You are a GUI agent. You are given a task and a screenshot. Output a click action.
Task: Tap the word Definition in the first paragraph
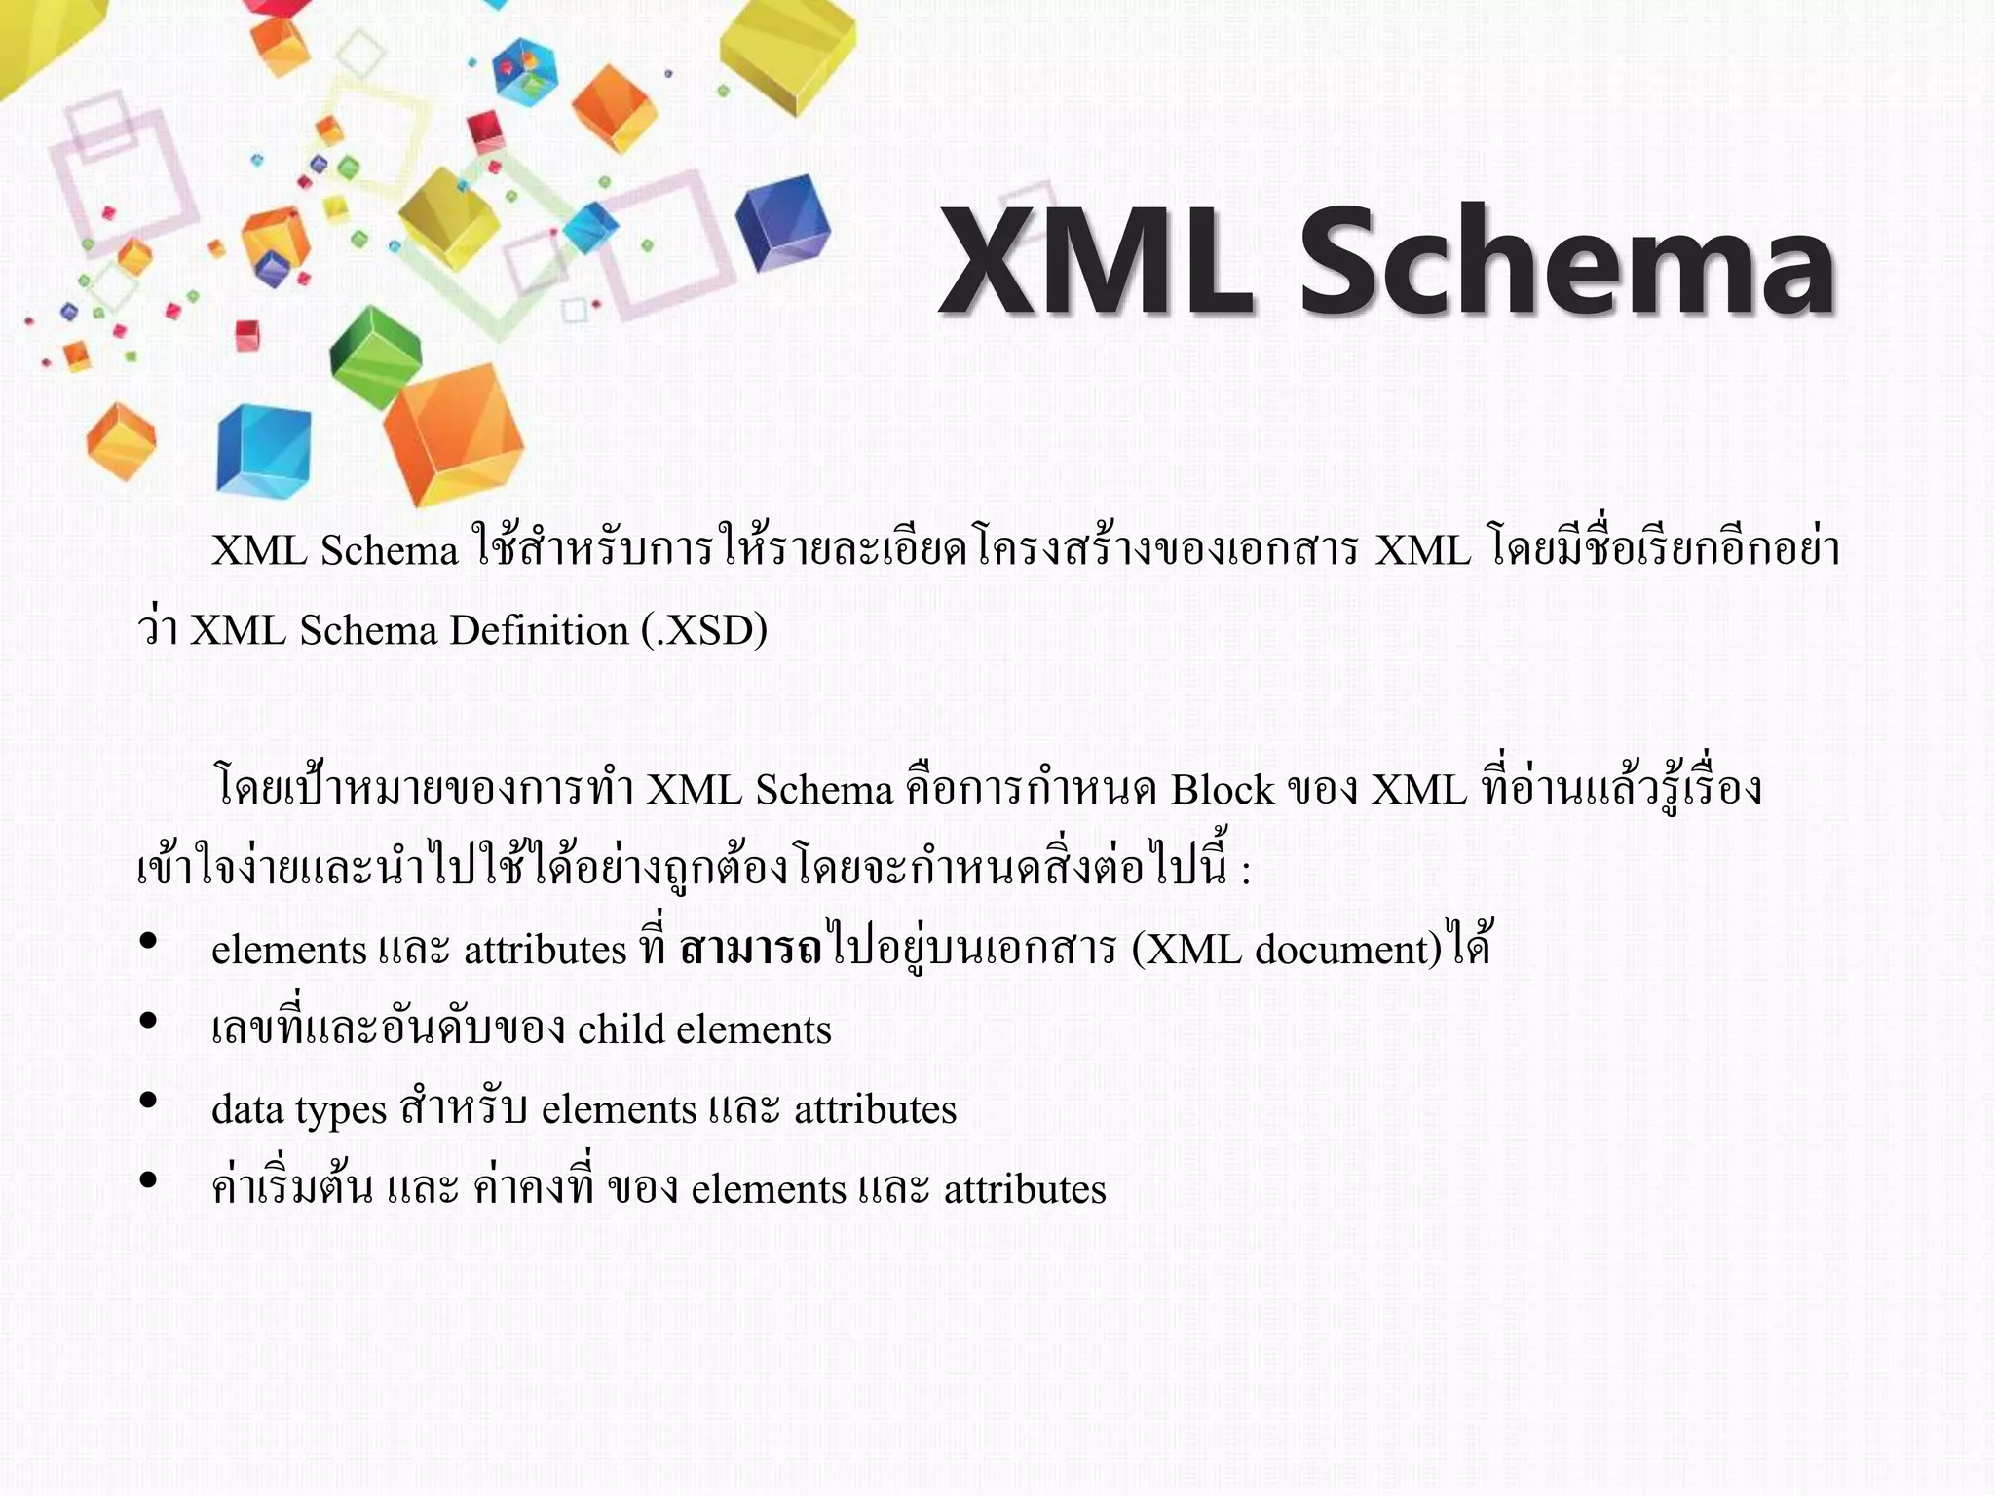(x=539, y=631)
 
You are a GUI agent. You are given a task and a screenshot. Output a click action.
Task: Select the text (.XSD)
(x=704, y=631)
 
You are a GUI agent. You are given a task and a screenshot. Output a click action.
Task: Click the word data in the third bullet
(x=246, y=1109)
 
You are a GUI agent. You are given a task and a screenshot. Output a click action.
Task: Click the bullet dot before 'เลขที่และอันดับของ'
(x=148, y=1021)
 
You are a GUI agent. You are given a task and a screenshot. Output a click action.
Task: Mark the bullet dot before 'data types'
(x=148, y=1101)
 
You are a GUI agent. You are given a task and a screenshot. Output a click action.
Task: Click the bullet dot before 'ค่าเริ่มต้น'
(x=148, y=1180)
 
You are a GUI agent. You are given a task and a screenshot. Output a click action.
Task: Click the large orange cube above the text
(x=454, y=433)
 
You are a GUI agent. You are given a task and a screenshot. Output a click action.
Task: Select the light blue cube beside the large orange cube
(x=263, y=451)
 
